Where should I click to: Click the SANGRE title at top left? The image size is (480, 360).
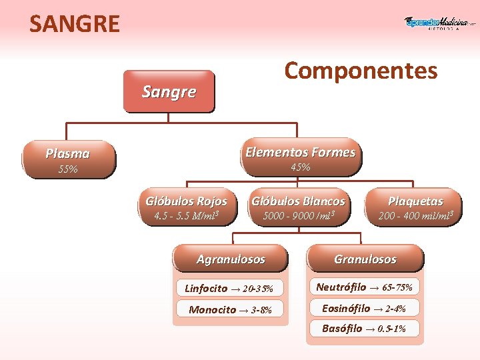(x=75, y=24)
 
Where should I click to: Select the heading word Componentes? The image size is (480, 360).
(x=361, y=70)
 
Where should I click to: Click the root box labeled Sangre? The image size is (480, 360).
(x=169, y=92)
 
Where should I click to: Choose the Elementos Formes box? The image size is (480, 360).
(x=300, y=152)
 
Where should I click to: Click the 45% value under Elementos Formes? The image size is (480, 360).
(x=300, y=167)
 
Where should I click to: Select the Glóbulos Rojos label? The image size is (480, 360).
(x=186, y=201)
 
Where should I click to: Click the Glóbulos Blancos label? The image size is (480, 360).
(x=298, y=201)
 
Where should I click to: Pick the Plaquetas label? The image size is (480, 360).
(x=415, y=201)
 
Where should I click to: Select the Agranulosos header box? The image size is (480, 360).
(x=231, y=259)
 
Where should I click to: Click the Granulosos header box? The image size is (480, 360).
(x=365, y=259)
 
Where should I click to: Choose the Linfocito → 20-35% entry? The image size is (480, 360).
(x=229, y=289)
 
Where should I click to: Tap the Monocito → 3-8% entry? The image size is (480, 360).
(x=229, y=309)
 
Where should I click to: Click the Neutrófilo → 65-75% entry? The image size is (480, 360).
(x=364, y=287)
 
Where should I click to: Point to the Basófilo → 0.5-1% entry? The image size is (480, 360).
(x=364, y=328)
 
